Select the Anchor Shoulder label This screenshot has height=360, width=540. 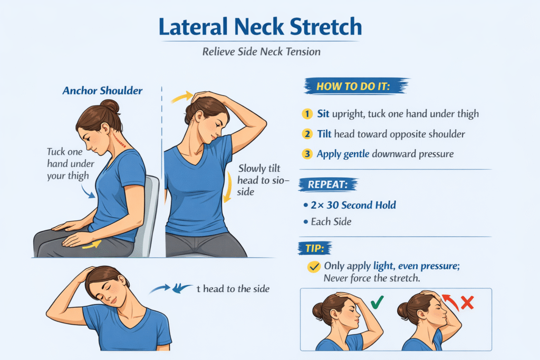[x=102, y=91]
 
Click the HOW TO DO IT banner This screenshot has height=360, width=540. [x=354, y=86]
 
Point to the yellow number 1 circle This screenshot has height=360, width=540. [x=306, y=113]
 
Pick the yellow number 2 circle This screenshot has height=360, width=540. [x=306, y=134]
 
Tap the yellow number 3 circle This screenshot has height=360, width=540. [x=306, y=154]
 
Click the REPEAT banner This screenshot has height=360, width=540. [x=327, y=185]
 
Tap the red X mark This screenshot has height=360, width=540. [x=466, y=303]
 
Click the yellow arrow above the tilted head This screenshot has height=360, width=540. [x=181, y=96]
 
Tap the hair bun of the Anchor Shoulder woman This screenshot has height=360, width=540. [x=110, y=108]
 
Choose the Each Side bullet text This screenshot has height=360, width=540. [x=331, y=221]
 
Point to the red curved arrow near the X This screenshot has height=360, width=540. [x=449, y=302]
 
